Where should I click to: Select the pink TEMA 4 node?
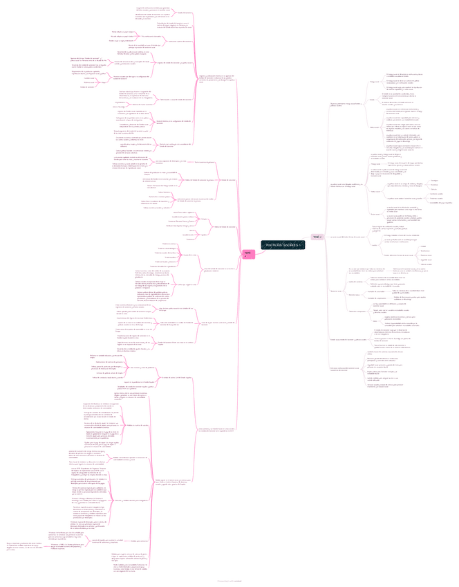tap(248, 254)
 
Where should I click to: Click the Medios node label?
tap(373, 245)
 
